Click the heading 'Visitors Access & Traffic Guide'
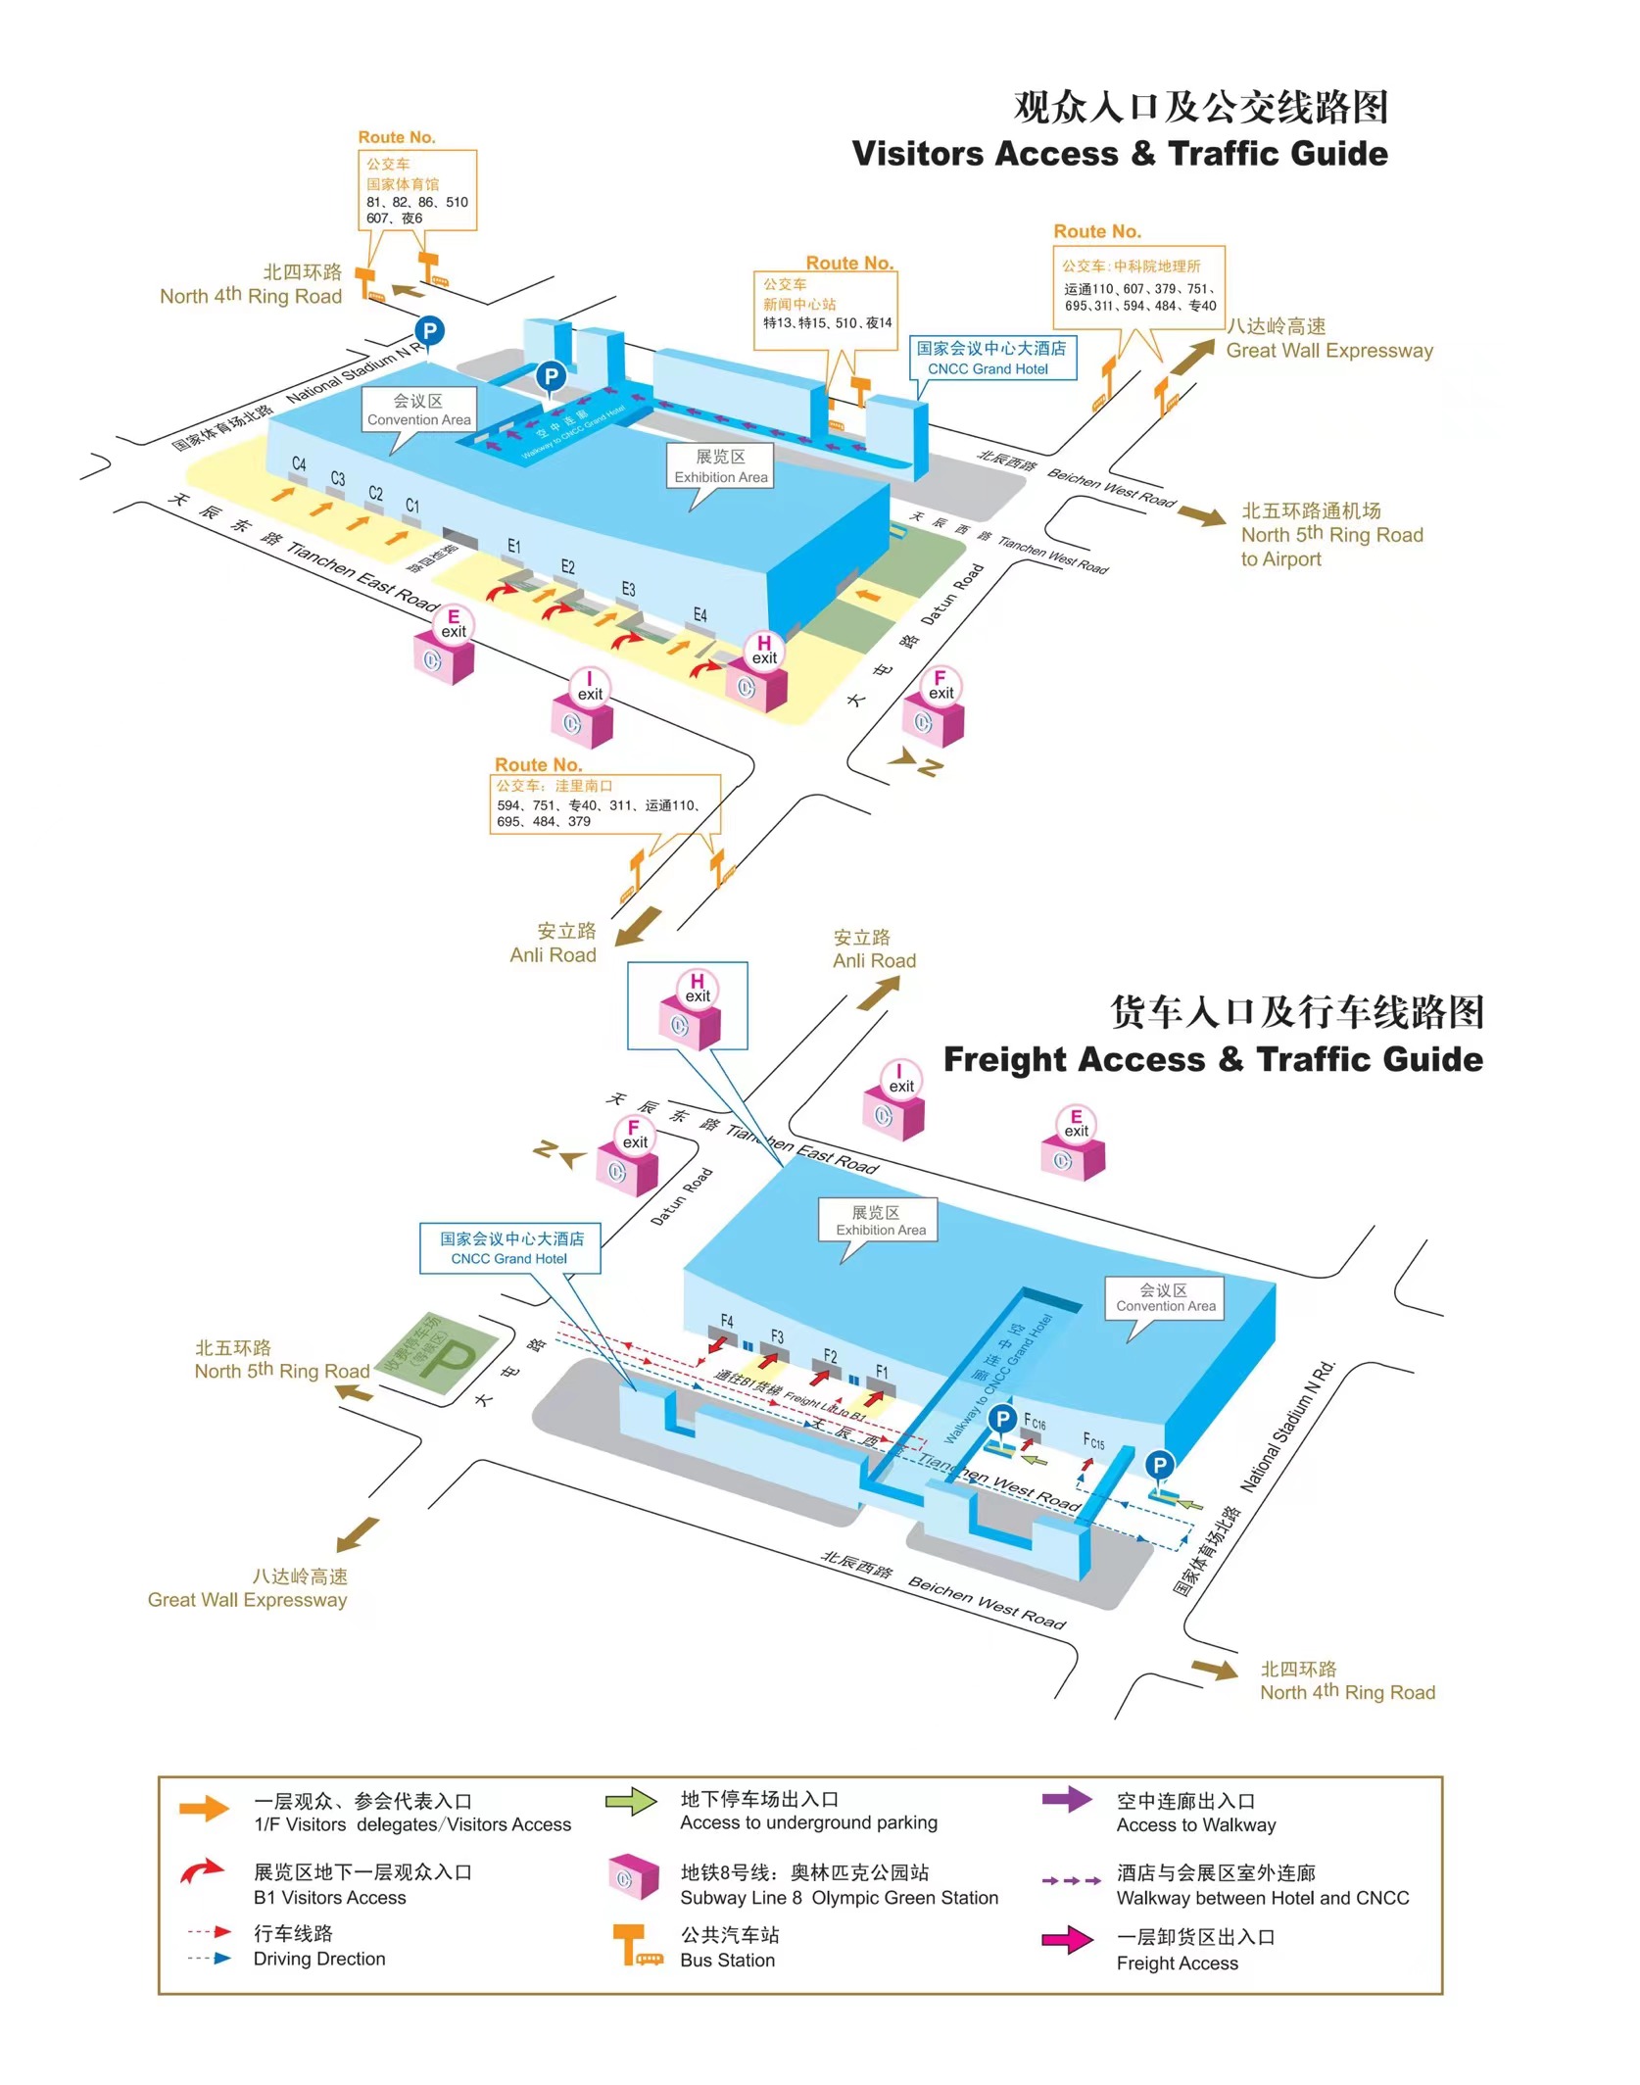pyautogui.click(x=1119, y=154)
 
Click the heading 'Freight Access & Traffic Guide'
pyautogui.click(x=1213, y=1059)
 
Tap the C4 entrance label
pyautogui.click(x=299, y=464)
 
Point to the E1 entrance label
pyautogui.click(x=514, y=546)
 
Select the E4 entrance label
pyautogui.click(x=699, y=614)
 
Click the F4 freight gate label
pyautogui.click(x=726, y=1321)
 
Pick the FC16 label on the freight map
pyautogui.click(x=1035, y=1422)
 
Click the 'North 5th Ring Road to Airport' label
pyautogui.click(x=1330, y=535)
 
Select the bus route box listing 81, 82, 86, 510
pyautogui.click(x=416, y=191)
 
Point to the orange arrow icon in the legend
pyautogui.click(x=204, y=1809)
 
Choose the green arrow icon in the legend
pyautogui.click(x=631, y=1802)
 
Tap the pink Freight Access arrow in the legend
pyautogui.click(x=1067, y=1940)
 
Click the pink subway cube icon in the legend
pyautogui.click(x=632, y=1877)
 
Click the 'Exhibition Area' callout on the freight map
pyautogui.click(x=880, y=1221)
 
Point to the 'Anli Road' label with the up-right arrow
pyautogui.click(x=874, y=949)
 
